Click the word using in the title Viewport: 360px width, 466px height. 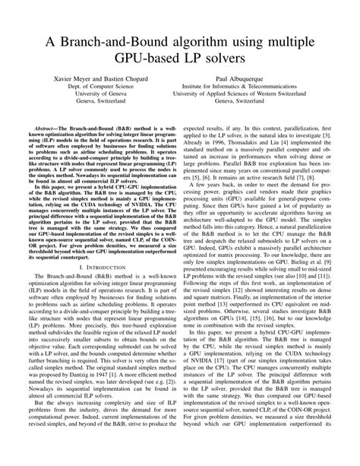tap(254, 43)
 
